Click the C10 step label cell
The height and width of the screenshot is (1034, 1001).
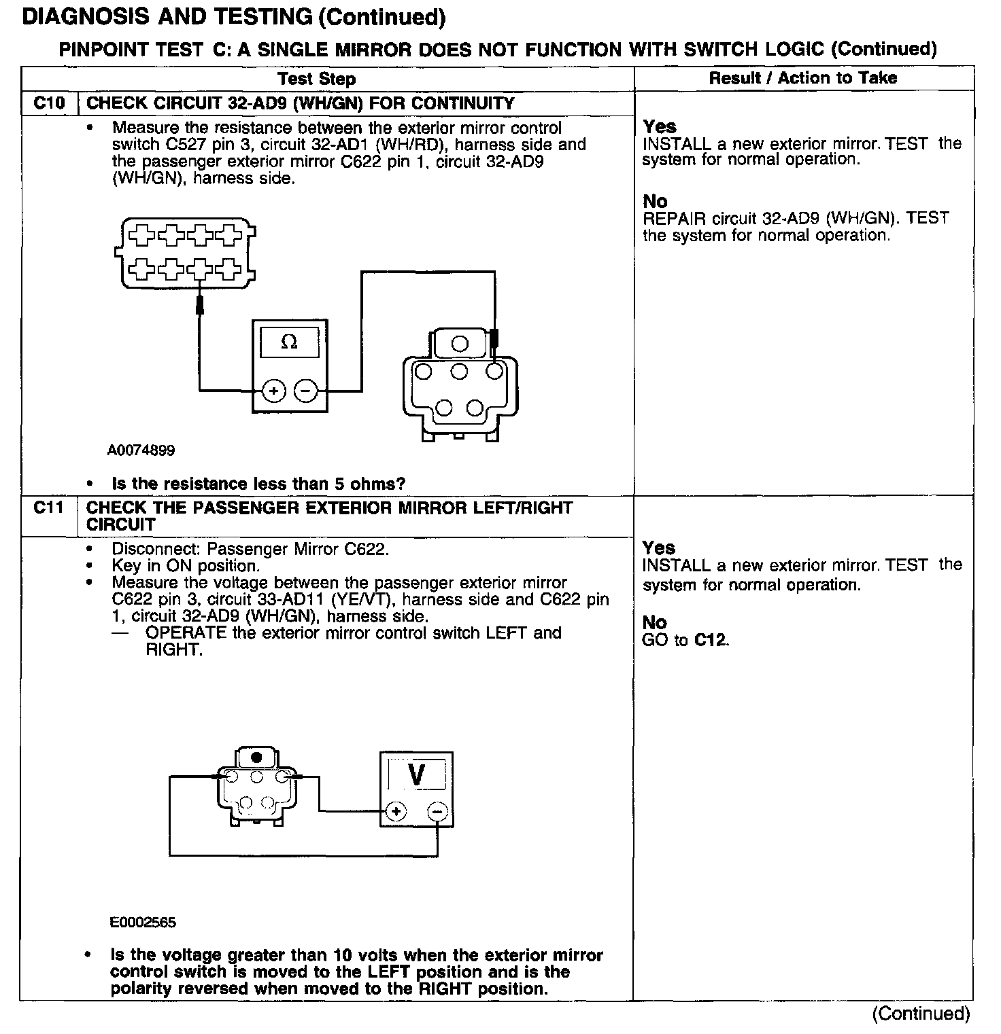tap(49, 103)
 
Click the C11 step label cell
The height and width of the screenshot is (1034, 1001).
tap(49, 508)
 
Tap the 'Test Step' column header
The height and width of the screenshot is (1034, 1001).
tap(317, 79)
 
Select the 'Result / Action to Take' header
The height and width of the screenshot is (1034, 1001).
tap(802, 78)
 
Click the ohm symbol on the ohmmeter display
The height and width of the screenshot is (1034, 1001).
tap(289, 342)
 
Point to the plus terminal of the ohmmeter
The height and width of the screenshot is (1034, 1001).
tap(273, 391)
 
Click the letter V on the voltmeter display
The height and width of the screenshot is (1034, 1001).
tap(417, 774)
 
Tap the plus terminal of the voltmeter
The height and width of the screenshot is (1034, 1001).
tap(396, 811)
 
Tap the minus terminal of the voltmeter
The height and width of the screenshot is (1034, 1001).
tap(437, 811)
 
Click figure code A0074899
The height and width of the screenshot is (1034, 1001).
tap(141, 450)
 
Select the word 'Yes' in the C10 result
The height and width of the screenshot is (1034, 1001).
tap(660, 127)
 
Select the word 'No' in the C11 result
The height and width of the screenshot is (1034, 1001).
tap(654, 622)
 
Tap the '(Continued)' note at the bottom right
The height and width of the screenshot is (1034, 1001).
tap(921, 1014)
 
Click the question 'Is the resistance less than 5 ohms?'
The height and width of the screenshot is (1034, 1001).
tap(258, 484)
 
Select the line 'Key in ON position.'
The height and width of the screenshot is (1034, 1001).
tap(185, 566)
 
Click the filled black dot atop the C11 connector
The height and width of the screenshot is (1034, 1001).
tap(256, 757)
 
